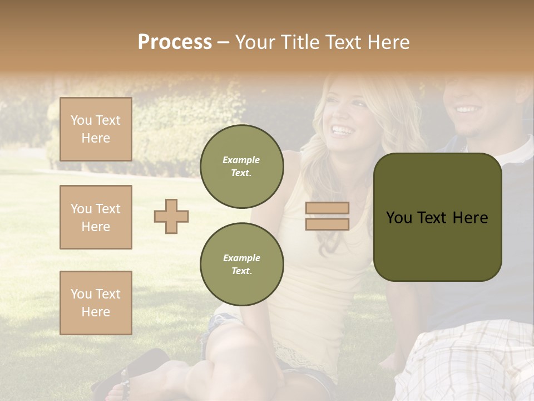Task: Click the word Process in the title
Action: [x=175, y=42]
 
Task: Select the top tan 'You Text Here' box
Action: [x=96, y=129]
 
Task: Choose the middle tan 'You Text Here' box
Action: [x=96, y=217]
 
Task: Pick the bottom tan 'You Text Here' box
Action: [x=96, y=302]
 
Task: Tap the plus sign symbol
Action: [x=171, y=216]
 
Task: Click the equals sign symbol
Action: [x=327, y=216]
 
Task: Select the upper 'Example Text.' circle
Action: [x=241, y=167]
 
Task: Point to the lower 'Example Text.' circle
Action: [x=241, y=264]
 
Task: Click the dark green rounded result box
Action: [x=437, y=217]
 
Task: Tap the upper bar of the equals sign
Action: [x=327, y=208]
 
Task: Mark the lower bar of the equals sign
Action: [x=327, y=224]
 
